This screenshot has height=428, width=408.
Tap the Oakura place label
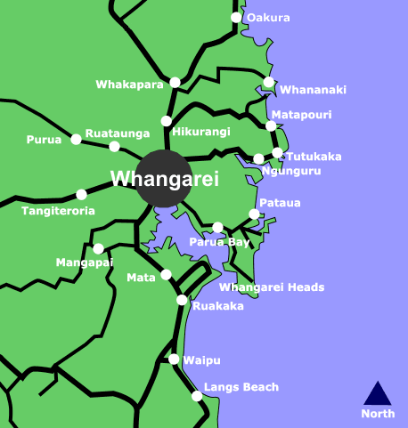click(268, 17)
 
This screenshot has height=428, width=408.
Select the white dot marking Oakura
click(236, 17)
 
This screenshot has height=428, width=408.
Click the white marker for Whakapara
click(175, 83)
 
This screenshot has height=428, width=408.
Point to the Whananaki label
click(313, 90)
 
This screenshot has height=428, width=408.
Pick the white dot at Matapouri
click(271, 126)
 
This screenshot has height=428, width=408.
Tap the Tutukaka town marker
click(277, 153)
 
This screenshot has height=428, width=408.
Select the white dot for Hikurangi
click(166, 121)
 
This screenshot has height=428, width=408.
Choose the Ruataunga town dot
click(113, 146)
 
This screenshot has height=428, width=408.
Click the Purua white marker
click(77, 139)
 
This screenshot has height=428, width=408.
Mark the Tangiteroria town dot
click(82, 194)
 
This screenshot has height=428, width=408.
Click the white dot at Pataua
click(254, 214)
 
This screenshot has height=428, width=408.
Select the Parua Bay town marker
click(218, 228)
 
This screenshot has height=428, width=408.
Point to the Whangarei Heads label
click(272, 287)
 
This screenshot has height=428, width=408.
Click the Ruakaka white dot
click(182, 300)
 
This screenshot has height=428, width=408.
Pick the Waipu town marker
click(175, 359)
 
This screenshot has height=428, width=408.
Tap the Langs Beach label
click(241, 387)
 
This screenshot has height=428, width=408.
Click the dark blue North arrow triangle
click(378, 393)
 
